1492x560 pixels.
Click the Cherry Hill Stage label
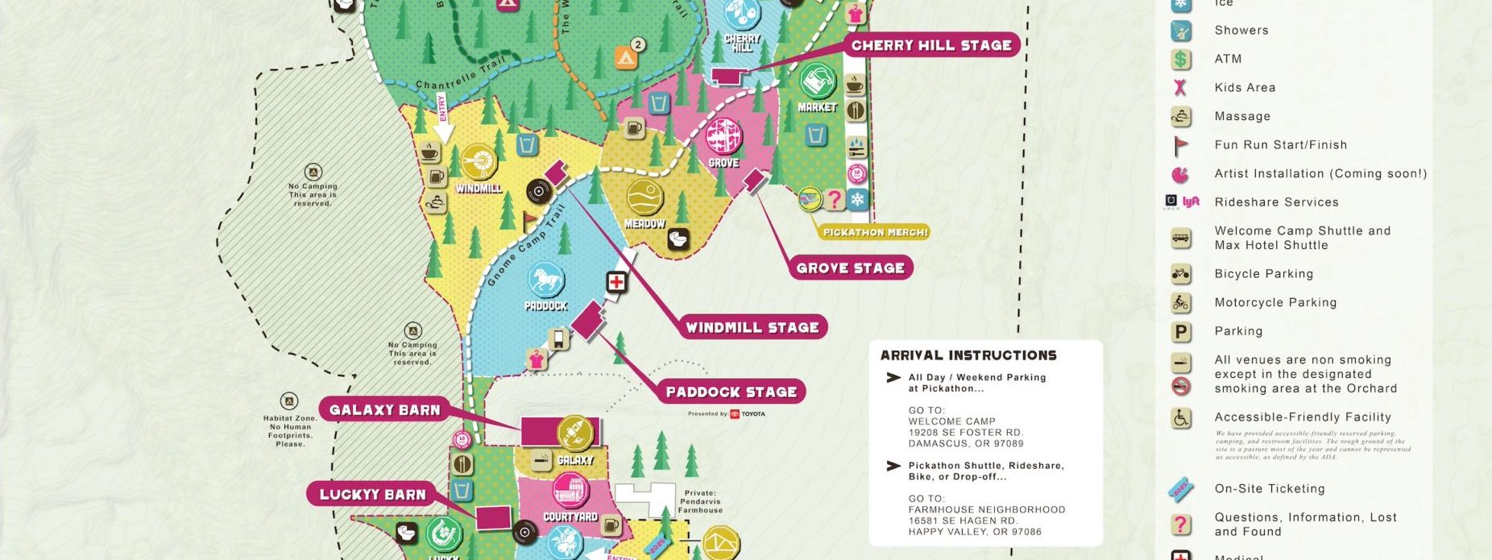(931, 45)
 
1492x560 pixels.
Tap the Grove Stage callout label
(850, 268)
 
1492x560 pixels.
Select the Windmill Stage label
(752, 327)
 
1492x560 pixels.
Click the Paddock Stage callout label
(731, 392)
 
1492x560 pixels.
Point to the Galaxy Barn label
(384, 409)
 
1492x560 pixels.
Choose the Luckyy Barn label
(372, 494)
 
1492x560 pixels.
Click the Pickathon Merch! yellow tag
(875, 232)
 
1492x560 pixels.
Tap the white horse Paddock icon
(546, 280)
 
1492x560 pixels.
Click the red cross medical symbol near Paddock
(616, 282)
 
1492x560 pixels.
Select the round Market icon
(817, 81)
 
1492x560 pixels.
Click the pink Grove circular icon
(723, 136)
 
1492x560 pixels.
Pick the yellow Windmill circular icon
(479, 163)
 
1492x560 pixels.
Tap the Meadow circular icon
(644, 197)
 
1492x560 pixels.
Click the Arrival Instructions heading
(968, 355)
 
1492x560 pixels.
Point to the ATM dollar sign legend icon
(1181, 59)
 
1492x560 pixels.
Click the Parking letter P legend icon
(1181, 331)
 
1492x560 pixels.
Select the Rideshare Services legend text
(1276, 202)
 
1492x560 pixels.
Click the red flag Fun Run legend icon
(1181, 145)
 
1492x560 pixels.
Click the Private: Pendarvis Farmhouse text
(700, 501)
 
